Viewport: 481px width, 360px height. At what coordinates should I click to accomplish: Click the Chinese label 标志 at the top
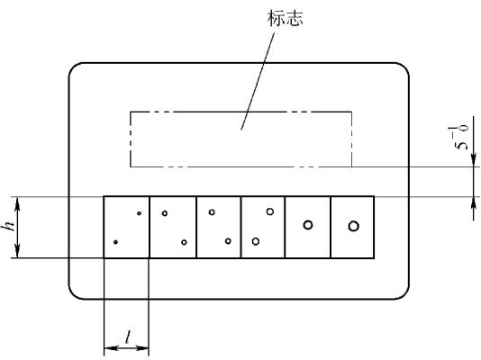pyautogui.click(x=285, y=18)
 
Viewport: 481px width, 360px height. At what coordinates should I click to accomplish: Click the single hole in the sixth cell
pyautogui.click(x=353, y=226)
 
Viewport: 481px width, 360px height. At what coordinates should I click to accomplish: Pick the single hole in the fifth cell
pyautogui.click(x=308, y=225)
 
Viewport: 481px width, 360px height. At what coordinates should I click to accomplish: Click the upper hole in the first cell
pyautogui.click(x=139, y=213)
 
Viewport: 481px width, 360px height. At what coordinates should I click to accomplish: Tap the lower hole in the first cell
pyautogui.click(x=115, y=242)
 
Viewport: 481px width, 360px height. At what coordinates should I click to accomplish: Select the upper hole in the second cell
pyautogui.click(x=165, y=213)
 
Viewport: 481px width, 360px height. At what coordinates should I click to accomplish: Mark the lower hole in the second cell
pyautogui.click(x=184, y=242)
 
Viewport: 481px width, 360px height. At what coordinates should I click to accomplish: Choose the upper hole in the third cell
pyautogui.click(x=212, y=212)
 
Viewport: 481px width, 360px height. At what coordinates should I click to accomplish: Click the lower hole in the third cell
pyautogui.click(x=228, y=241)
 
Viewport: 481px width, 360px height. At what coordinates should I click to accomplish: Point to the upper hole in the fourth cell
pyautogui.click(x=270, y=211)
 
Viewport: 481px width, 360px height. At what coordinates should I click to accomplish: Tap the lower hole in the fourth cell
pyautogui.click(x=256, y=241)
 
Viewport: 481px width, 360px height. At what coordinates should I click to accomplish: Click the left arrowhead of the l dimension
pyautogui.click(x=111, y=348)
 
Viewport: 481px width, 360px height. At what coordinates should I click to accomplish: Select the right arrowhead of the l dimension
pyautogui.click(x=142, y=348)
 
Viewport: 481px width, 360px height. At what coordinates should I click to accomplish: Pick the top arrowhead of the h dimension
pyautogui.click(x=17, y=203)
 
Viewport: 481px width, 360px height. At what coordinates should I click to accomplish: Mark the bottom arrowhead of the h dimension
pyautogui.click(x=17, y=250)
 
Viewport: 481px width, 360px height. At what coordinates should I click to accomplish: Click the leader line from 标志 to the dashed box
pyautogui.click(x=258, y=81)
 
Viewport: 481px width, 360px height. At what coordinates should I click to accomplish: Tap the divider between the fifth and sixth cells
pyautogui.click(x=331, y=227)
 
